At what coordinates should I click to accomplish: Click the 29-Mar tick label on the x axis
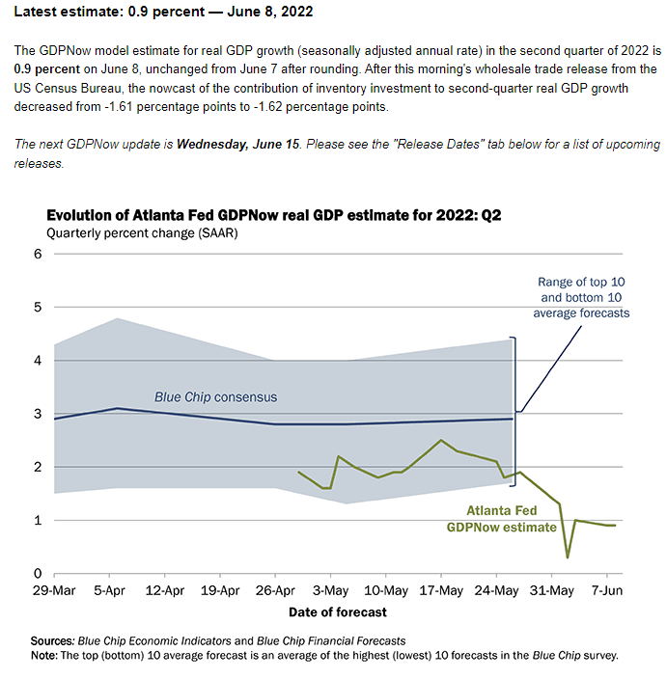pos(55,590)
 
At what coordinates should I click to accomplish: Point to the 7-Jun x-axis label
pos(605,590)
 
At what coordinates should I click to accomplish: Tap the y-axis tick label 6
pos(38,255)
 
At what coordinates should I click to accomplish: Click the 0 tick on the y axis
pos(38,574)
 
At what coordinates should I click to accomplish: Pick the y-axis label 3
pos(38,414)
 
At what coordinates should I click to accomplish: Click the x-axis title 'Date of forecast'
pos(338,611)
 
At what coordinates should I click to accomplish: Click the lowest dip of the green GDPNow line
pos(568,557)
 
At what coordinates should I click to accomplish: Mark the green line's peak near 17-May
pos(441,441)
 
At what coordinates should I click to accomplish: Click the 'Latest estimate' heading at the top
pos(163,13)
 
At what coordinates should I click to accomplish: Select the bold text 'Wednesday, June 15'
pos(242,145)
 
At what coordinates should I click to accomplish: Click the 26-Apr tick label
pos(276,590)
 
